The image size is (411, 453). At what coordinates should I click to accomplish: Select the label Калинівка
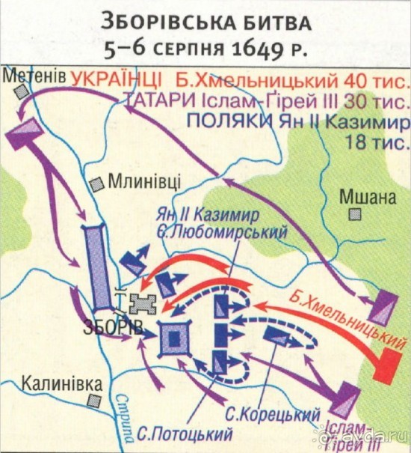tap(61, 382)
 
